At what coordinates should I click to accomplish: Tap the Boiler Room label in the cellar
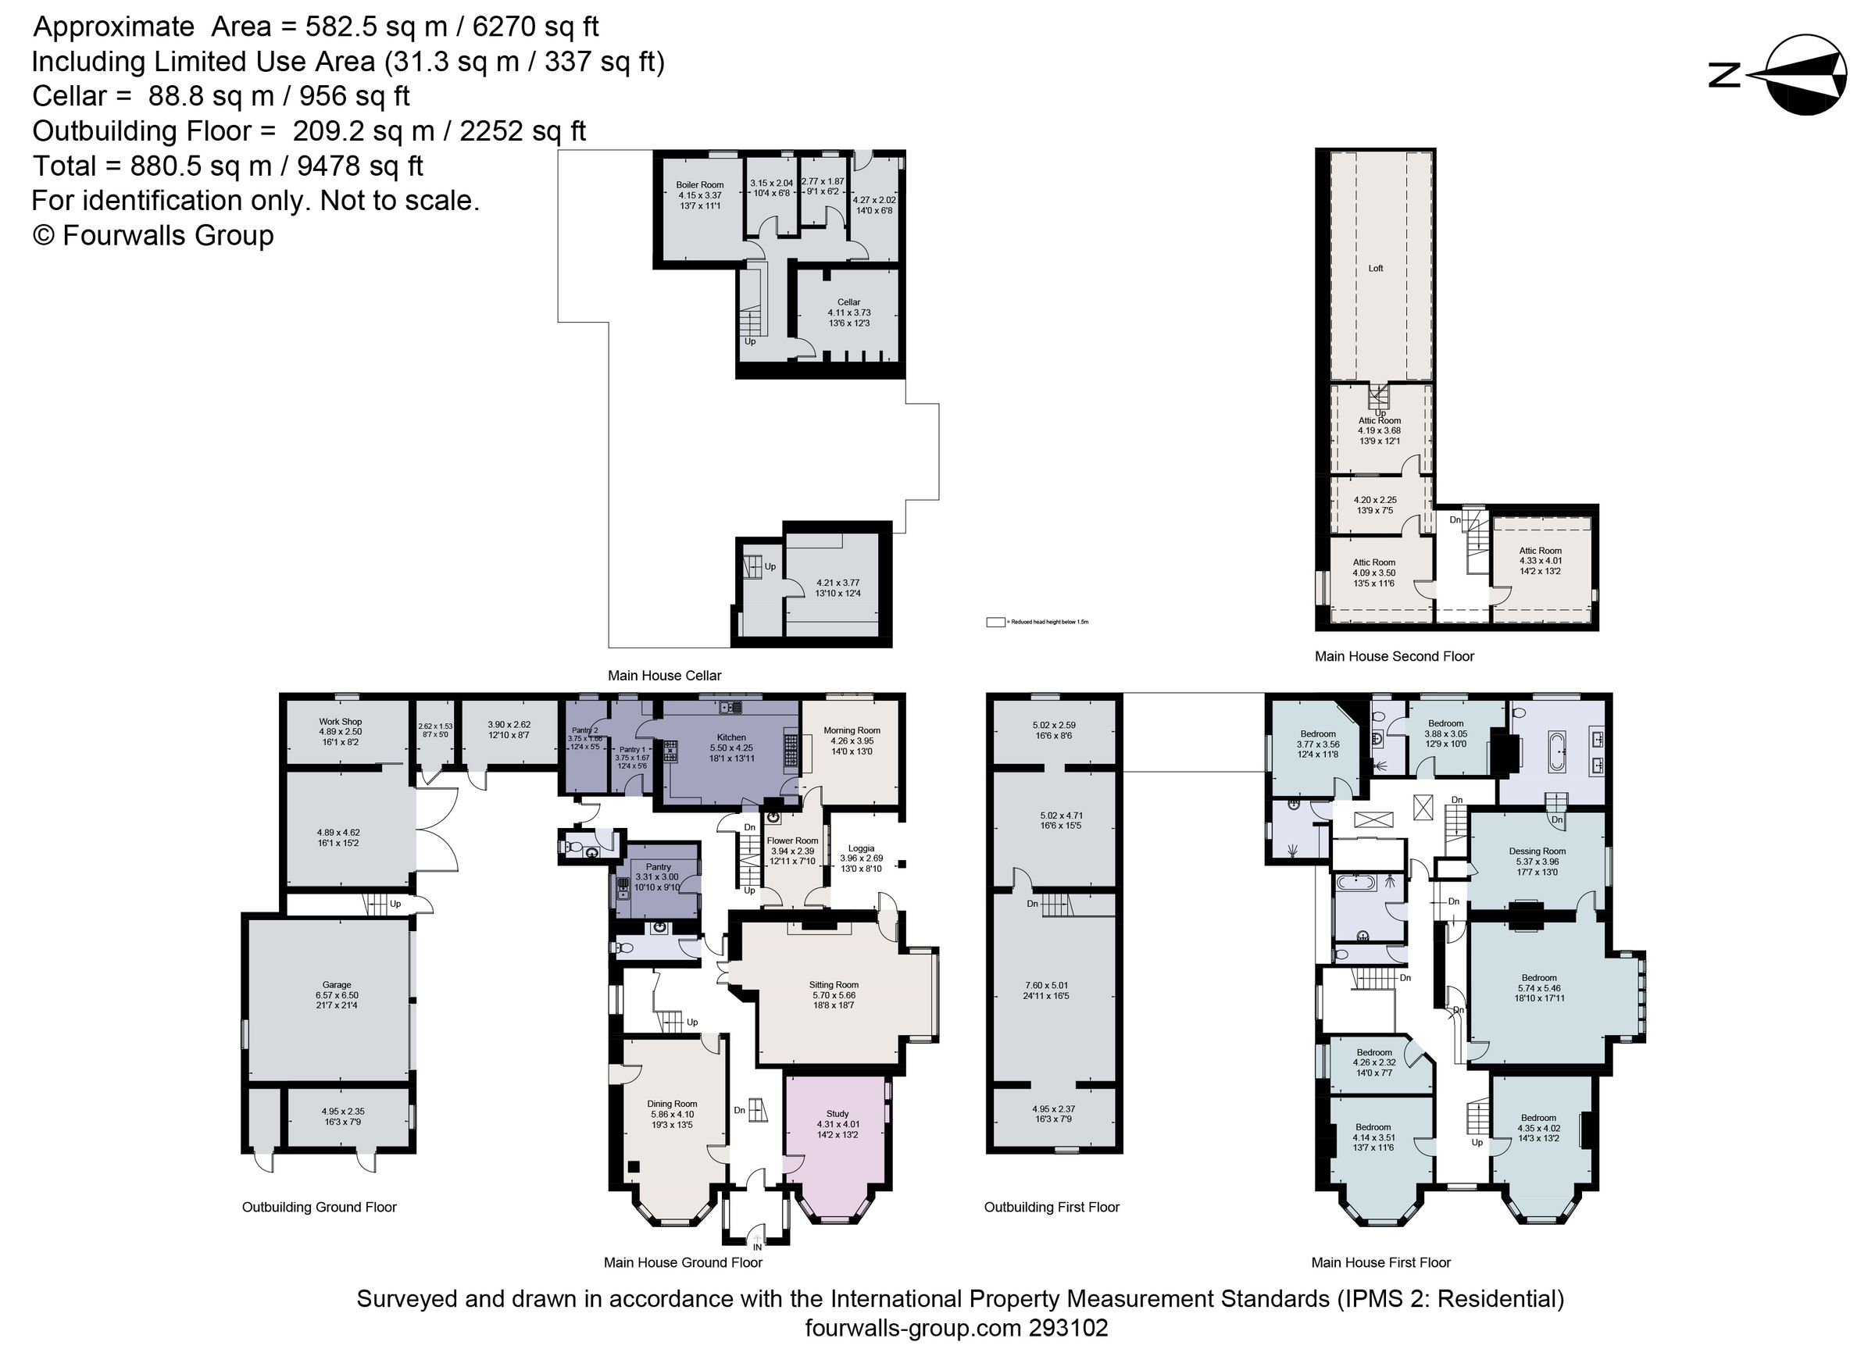pyautogui.click(x=699, y=185)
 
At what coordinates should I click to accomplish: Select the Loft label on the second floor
pyautogui.click(x=1375, y=268)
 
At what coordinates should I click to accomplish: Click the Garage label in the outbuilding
pyautogui.click(x=337, y=984)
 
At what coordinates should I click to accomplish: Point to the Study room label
pyautogui.click(x=837, y=1113)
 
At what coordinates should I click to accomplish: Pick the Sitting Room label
pyautogui.click(x=834, y=984)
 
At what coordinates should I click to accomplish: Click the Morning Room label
pyautogui.click(x=852, y=730)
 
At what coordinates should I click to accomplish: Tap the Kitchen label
pyautogui.click(x=730, y=737)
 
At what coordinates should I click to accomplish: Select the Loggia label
pyautogui.click(x=861, y=848)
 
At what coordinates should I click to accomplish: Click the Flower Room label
pyautogui.click(x=792, y=840)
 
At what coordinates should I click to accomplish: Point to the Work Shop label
pyautogui.click(x=340, y=722)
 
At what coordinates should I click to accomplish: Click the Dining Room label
pyautogui.click(x=671, y=1104)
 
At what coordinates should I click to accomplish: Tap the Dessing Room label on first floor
pyautogui.click(x=1537, y=851)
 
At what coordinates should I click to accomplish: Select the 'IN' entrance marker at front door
pyautogui.click(x=756, y=1247)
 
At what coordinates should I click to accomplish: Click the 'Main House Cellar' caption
pyautogui.click(x=664, y=676)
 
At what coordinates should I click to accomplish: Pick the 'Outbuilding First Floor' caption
pyautogui.click(x=1051, y=1207)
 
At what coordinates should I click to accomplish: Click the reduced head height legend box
pyautogui.click(x=995, y=622)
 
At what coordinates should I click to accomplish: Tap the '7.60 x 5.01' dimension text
pyautogui.click(x=1047, y=985)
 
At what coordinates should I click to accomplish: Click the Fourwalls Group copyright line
pyautogui.click(x=153, y=236)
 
